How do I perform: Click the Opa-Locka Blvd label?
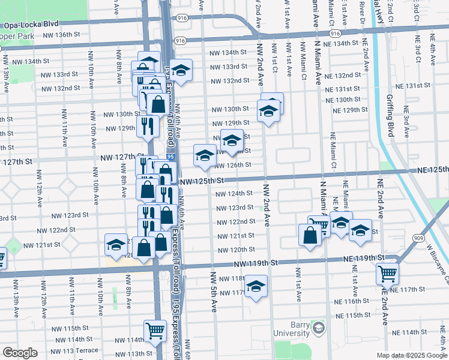(x=31, y=25)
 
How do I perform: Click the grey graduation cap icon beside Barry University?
(x=318, y=328)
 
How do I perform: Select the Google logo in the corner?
(x=20, y=353)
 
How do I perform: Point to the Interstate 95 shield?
(x=171, y=157)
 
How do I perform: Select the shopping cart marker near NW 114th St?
(x=155, y=329)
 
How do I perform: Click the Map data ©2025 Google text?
(x=412, y=355)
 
